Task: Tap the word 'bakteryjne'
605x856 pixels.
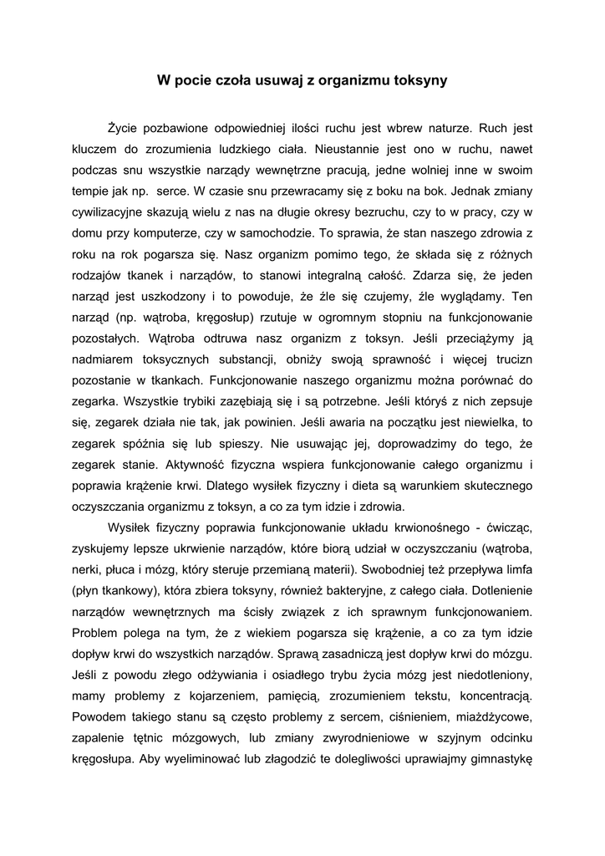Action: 379,591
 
